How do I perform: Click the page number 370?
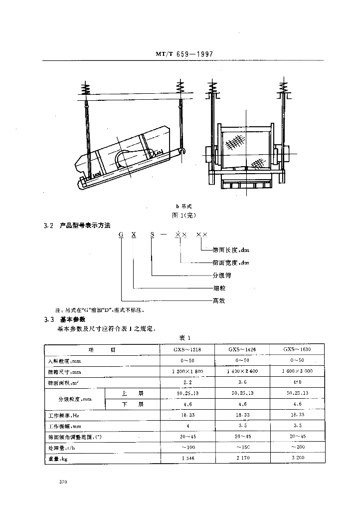pyautogui.click(x=63, y=482)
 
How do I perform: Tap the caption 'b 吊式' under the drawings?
pyautogui.click(x=183, y=206)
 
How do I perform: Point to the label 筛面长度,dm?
pyautogui.click(x=230, y=250)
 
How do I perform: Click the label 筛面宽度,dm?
pyautogui.click(x=230, y=262)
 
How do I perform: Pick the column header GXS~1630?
pyautogui.click(x=297, y=350)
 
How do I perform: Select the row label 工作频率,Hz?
pyautogui.click(x=63, y=415)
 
